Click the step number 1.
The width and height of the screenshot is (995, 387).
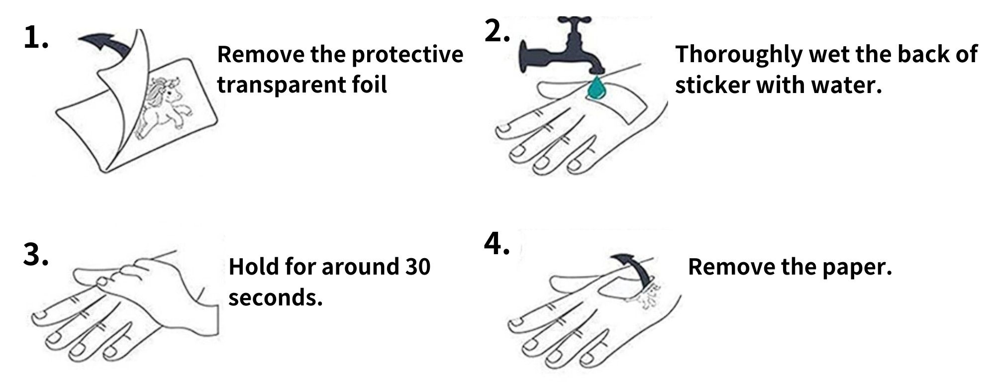[36, 38]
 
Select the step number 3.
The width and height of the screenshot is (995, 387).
[36, 255]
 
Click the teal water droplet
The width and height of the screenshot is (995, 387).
[595, 88]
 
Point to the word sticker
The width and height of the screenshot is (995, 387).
[712, 85]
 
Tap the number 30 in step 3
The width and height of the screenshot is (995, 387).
[417, 267]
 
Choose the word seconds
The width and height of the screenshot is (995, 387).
[276, 298]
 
